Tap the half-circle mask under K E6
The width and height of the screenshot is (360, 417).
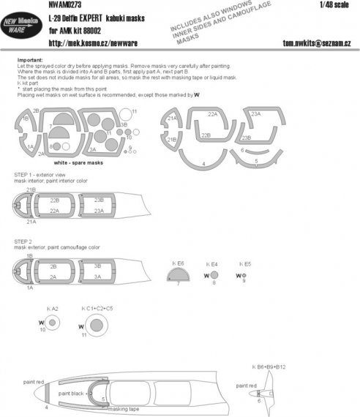(179, 277)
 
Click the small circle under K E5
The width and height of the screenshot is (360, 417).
(243, 275)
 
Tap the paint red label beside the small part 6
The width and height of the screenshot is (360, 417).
(247, 385)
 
